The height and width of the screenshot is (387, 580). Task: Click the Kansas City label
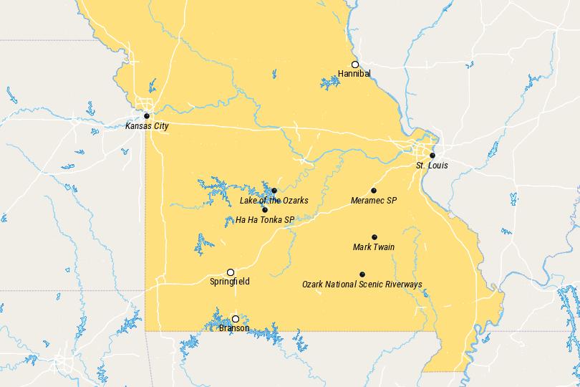[x=147, y=126]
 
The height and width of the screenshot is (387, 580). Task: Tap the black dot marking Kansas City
[x=147, y=115]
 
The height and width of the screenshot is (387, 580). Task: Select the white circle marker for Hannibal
[x=354, y=64]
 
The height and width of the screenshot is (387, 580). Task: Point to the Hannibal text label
[x=354, y=73]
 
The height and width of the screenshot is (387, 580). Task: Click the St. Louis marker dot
[x=432, y=156]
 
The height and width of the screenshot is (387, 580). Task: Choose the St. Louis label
[x=432, y=166]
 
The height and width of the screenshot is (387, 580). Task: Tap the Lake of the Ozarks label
[x=274, y=201]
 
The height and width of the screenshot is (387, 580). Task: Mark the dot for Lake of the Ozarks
[x=274, y=191]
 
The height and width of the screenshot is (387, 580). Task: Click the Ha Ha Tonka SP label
[x=265, y=220]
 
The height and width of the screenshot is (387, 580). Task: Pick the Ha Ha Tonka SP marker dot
[x=265, y=210]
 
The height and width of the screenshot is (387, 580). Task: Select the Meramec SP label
[x=374, y=201]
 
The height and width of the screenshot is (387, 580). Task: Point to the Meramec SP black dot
[x=374, y=191]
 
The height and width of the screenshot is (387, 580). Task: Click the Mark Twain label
[x=374, y=247]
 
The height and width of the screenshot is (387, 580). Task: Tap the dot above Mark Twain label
[x=374, y=237]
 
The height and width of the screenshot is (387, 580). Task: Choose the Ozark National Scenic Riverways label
[x=362, y=285]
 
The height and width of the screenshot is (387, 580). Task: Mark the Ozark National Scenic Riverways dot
[x=362, y=274]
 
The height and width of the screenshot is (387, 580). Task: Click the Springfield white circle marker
[x=231, y=272]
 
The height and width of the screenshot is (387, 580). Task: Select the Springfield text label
[x=230, y=282]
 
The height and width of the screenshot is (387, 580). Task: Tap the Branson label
[x=235, y=328]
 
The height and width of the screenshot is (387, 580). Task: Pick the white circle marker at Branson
[x=235, y=319]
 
